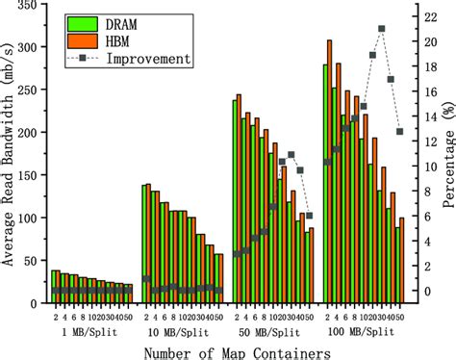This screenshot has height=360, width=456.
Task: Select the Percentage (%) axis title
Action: (445, 154)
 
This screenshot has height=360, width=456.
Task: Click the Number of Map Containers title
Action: (231, 352)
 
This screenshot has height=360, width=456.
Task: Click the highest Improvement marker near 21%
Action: (381, 29)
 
